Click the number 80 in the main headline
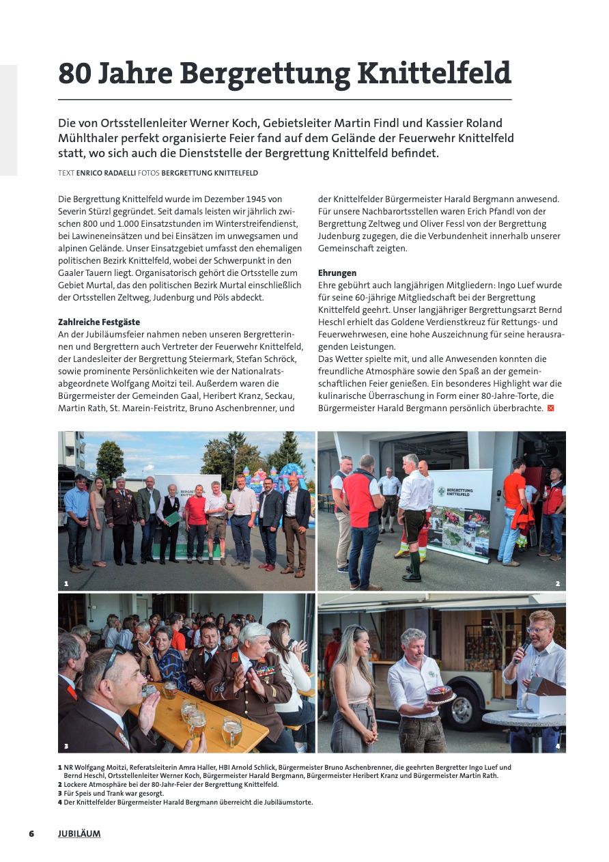point(75,73)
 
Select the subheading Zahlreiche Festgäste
point(99,322)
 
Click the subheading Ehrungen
point(337,273)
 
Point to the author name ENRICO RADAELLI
point(106,173)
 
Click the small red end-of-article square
point(550,408)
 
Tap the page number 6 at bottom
point(31,834)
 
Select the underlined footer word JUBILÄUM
point(79,834)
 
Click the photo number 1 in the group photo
point(66,584)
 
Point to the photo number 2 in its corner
point(557,584)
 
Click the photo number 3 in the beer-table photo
point(66,746)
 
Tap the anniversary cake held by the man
point(440,694)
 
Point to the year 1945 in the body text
point(246,199)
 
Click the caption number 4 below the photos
point(60,803)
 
